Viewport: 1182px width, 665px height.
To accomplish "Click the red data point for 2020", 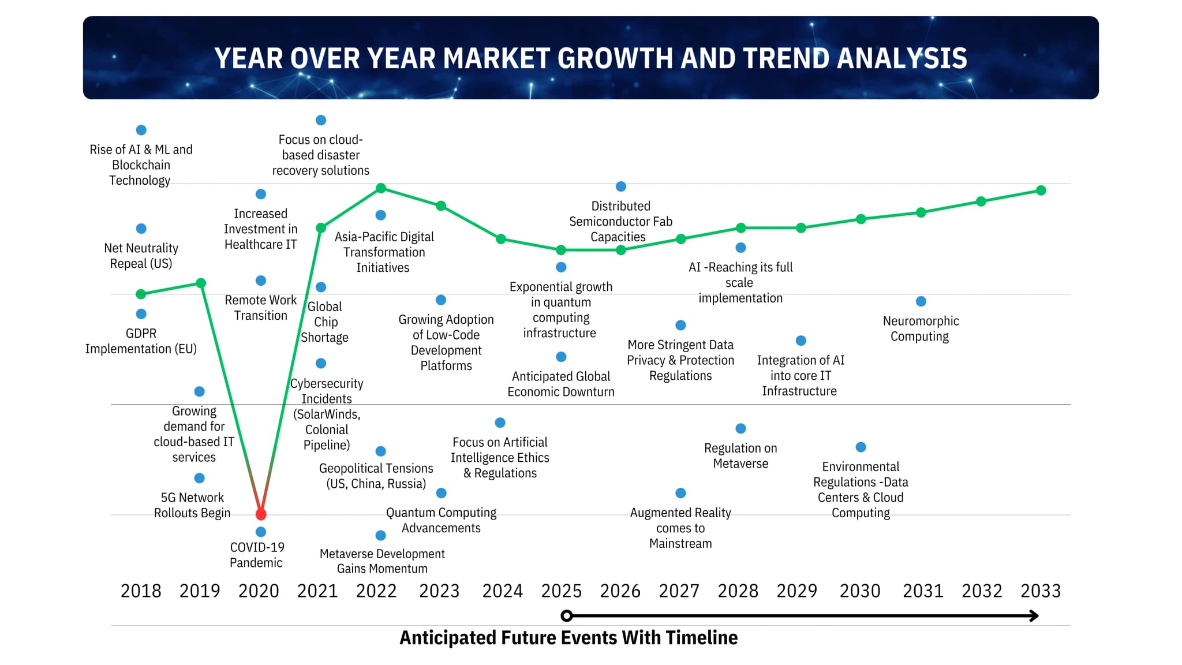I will (x=261, y=514).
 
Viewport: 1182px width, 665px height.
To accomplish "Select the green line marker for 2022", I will (x=381, y=188).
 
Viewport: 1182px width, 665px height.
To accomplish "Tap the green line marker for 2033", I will (x=1041, y=190).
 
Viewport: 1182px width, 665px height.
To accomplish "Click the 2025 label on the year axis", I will (x=561, y=591).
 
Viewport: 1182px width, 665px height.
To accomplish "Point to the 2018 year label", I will (x=141, y=591).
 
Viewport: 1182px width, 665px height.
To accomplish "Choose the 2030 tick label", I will (x=860, y=591).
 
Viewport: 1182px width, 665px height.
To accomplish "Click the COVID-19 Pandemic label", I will (x=257, y=555).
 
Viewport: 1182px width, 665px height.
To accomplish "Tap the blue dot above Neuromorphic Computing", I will (x=921, y=301).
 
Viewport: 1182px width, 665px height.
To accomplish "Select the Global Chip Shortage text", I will (x=325, y=322).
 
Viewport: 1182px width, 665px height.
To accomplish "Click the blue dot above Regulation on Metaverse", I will (x=741, y=428).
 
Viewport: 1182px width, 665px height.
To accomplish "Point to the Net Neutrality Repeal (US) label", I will (x=141, y=256).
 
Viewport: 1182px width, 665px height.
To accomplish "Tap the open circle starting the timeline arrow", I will (x=567, y=616).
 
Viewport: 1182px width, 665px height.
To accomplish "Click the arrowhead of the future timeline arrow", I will (x=1034, y=616).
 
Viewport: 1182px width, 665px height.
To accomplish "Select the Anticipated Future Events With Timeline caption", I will (x=568, y=638).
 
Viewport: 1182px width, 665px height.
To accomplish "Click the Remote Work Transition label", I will (x=261, y=308).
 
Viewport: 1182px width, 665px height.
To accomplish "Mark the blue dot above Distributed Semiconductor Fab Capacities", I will (x=621, y=186).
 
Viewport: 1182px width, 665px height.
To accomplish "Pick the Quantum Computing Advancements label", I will (x=442, y=520).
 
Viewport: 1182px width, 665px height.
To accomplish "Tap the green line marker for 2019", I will (x=201, y=283).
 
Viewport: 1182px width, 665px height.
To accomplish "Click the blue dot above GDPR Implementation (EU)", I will (x=141, y=314).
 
